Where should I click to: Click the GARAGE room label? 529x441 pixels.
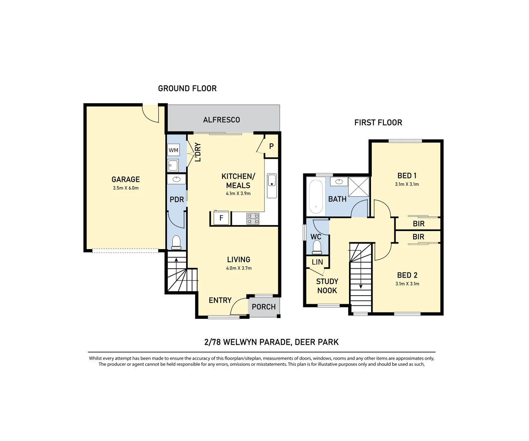point(125,179)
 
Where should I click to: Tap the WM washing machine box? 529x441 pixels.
point(173,150)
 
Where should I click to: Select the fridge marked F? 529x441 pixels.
point(221,218)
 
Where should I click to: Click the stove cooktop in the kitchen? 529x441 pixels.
point(253,218)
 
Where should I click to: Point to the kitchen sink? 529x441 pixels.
point(272,180)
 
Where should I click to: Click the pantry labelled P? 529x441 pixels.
point(271,146)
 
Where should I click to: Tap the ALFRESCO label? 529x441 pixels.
point(222,120)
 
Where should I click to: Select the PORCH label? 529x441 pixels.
point(264,307)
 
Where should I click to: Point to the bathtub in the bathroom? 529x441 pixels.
point(316,196)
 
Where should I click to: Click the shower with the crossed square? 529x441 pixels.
point(358,187)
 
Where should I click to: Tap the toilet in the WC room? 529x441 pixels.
point(317,247)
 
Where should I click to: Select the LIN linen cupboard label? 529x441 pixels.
point(317,262)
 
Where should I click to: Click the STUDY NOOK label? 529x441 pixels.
point(327,286)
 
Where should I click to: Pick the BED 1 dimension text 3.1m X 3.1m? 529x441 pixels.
point(407,184)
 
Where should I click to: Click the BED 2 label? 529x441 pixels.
point(407,275)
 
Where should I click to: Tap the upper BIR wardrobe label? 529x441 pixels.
point(418,224)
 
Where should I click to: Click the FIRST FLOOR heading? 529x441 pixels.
point(378,122)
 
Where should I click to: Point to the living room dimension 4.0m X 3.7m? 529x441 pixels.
point(239,268)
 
